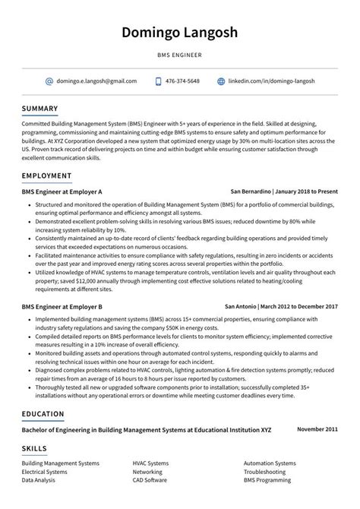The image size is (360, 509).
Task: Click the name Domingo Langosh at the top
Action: [179, 33]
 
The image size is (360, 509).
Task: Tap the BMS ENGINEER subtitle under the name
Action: [179, 55]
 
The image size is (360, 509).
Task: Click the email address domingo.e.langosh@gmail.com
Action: [96, 81]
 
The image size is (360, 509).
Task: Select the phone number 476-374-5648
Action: [183, 81]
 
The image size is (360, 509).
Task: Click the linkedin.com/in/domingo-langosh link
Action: [271, 81]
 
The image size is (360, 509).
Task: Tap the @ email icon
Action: [49, 81]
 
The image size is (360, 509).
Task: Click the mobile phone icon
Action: [159, 81]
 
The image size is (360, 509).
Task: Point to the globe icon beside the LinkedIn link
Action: [221, 81]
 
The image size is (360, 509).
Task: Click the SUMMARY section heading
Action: [40, 108]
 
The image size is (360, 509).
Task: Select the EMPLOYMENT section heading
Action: [47, 176]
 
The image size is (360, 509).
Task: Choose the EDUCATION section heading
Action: [43, 414]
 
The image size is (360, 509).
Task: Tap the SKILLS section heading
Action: [34, 449]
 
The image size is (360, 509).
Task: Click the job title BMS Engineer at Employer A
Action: [62, 191]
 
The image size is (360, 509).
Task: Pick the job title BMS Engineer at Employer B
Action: [62, 306]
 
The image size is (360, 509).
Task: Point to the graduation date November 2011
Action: [317, 429]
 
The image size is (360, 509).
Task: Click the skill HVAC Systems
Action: [150, 463]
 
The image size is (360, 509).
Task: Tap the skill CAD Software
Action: [150, 481]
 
